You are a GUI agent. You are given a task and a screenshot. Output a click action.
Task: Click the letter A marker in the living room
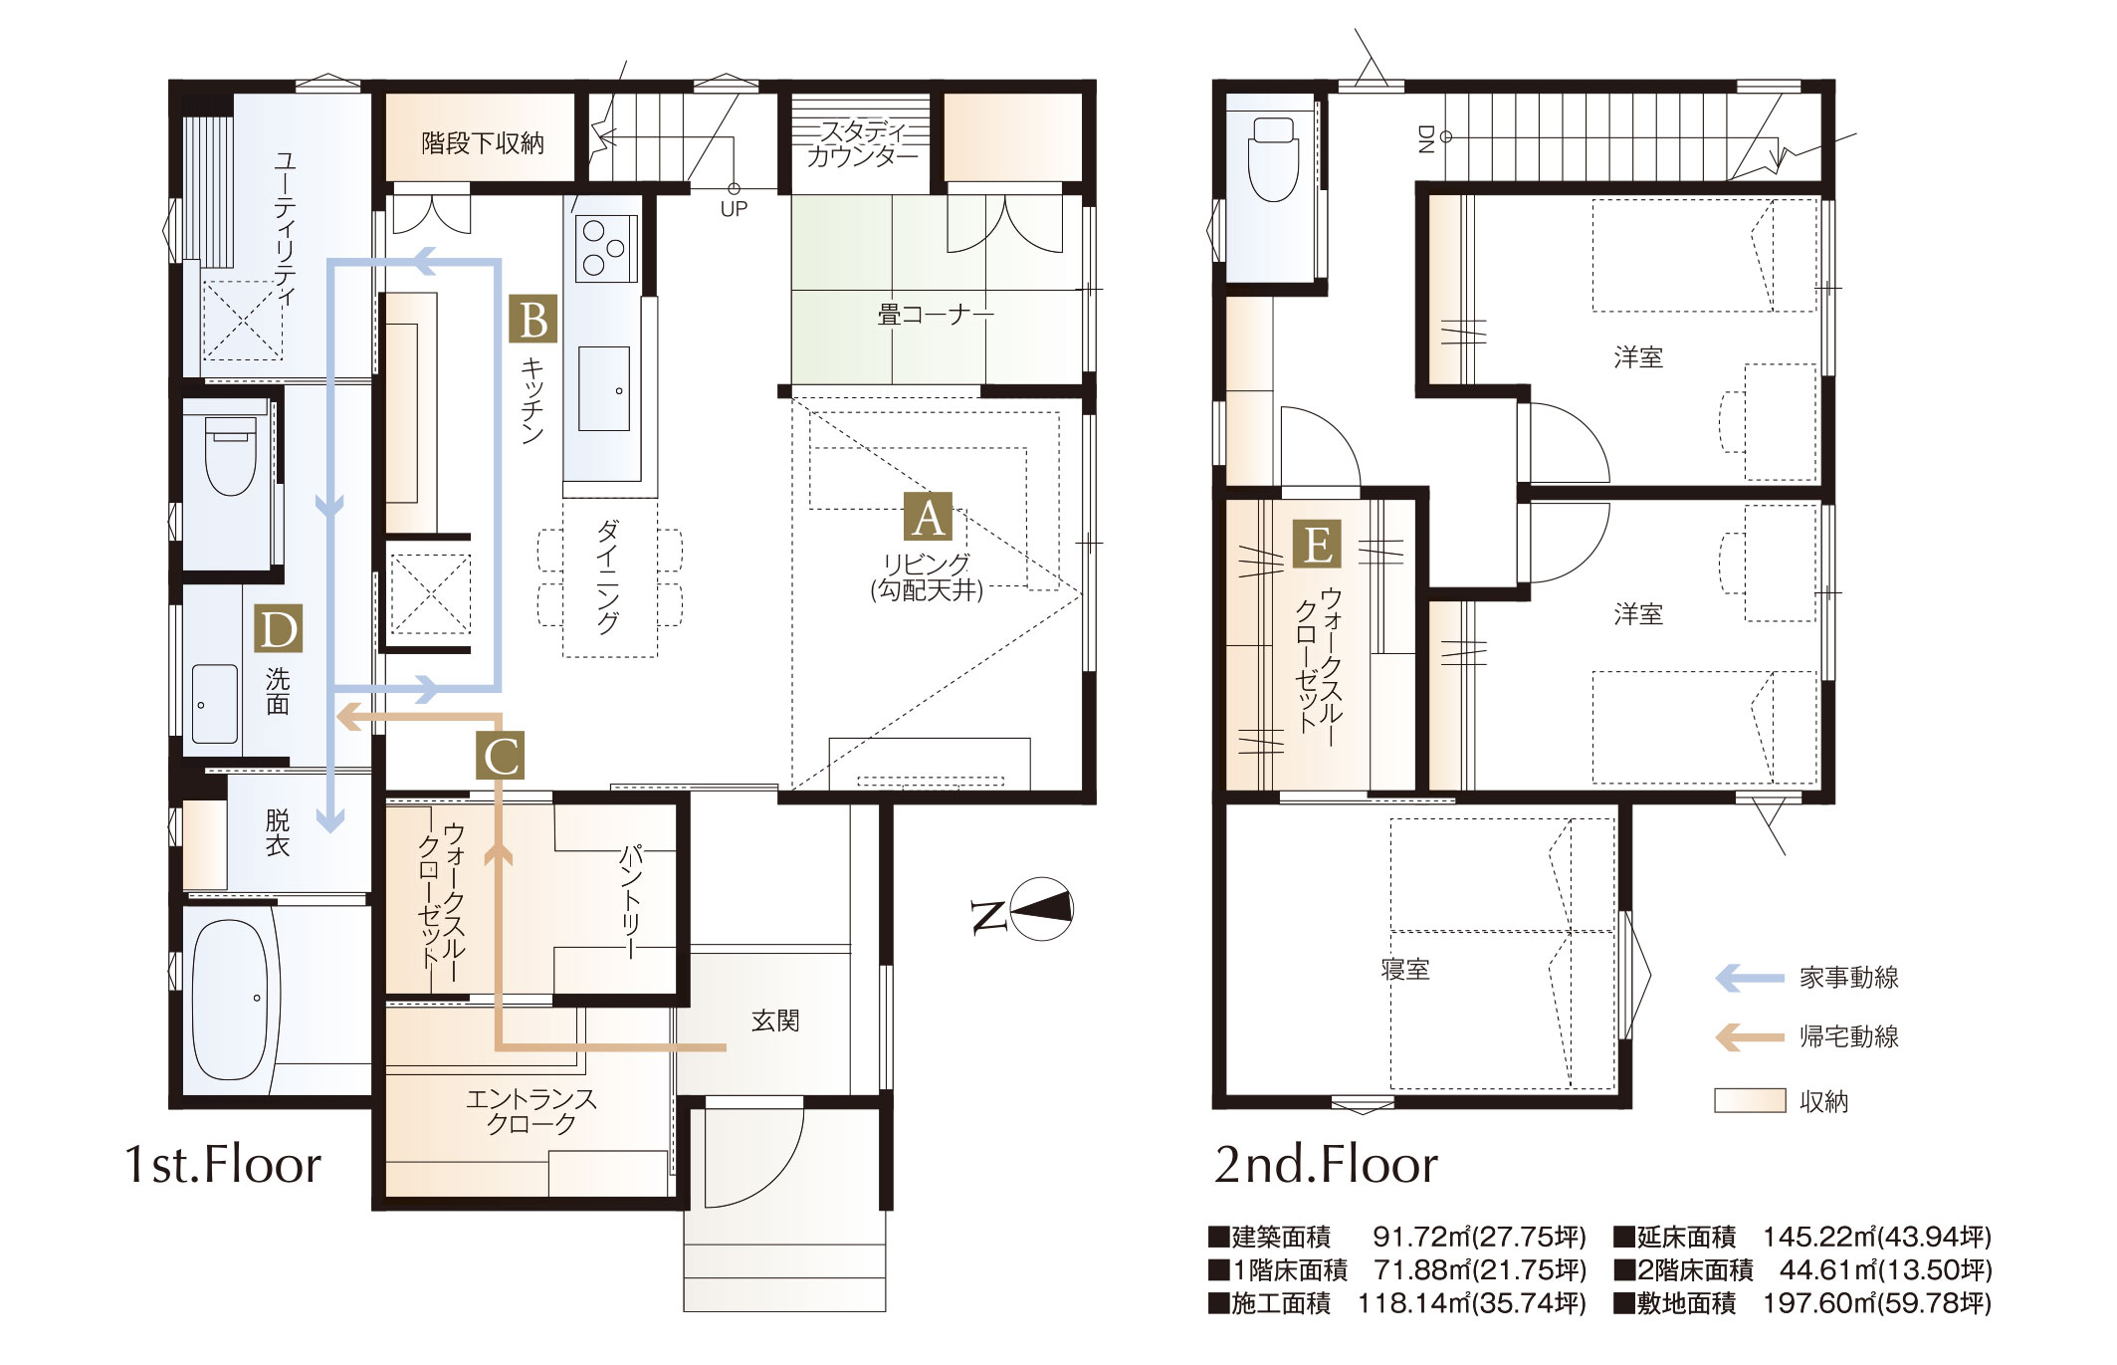click(928, 518)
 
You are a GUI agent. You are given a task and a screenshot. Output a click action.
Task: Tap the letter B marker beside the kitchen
click(533, 321)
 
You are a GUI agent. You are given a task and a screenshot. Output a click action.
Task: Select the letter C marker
click(501, 757)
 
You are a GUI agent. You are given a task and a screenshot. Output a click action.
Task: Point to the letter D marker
click(278, 629)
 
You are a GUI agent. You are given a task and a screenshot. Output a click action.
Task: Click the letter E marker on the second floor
click(1317, 545)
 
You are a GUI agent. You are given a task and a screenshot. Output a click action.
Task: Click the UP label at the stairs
click(734, 209)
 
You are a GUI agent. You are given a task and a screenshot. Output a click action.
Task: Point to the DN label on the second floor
click(1424, 139)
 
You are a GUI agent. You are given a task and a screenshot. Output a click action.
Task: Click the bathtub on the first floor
click(230, 999)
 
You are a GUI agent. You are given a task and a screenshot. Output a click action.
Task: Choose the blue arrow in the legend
click(1750, 978)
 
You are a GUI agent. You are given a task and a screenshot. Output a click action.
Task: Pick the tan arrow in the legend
click(1750, 1036)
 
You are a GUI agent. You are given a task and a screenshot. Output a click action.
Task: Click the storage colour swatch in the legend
click(1750, 1100)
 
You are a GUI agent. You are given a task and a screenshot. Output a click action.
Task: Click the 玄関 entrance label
click(775, 1021)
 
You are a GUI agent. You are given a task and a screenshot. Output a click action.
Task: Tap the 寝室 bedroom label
click(1405, 969)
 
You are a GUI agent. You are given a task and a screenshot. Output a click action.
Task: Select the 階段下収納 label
click(483, 143)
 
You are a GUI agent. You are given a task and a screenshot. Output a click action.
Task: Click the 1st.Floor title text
click(223, 1164)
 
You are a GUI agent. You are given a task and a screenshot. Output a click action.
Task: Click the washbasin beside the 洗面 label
click(214, 704)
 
